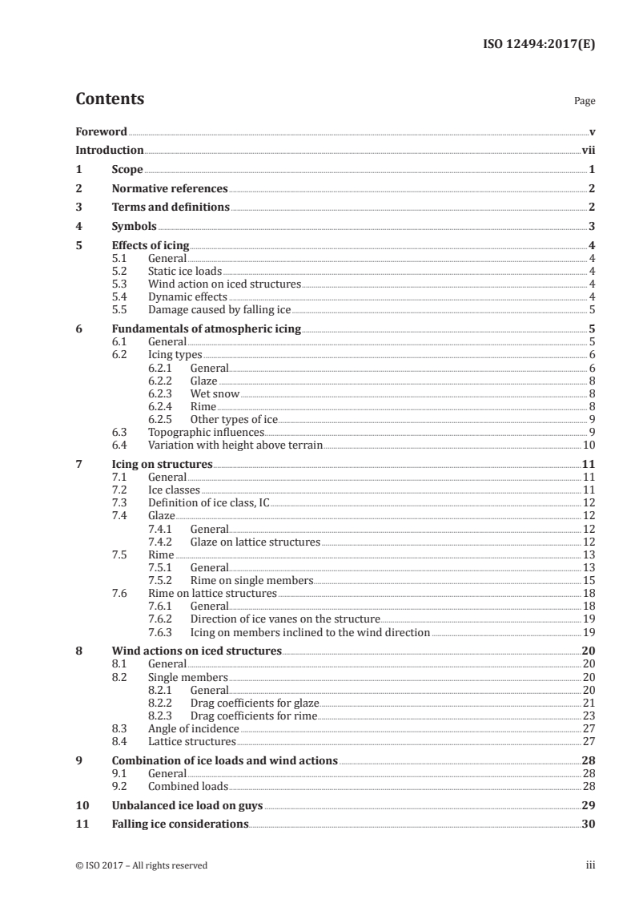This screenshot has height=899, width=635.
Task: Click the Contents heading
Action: (x=110, y=99)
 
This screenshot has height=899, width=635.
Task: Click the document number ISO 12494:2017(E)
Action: (x=538, y=45)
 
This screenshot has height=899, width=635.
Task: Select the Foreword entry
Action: (x=101, y=131)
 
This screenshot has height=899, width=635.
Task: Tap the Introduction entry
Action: (x=109, y=150)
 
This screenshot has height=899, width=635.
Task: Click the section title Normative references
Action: (x=170, y=189)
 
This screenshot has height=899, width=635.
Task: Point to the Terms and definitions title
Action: (x=171, y=208)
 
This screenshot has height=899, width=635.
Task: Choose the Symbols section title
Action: (x=134, y=226)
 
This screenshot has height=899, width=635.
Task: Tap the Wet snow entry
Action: (x=215, y=393)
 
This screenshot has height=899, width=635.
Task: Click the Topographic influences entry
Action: (x=206, y=432)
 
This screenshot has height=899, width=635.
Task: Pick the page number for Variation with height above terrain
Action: (x=589, y=445)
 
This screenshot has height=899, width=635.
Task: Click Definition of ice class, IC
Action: (x=210, y=502)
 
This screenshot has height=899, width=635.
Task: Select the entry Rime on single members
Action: (x=251, y=580)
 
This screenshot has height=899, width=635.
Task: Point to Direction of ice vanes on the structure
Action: (x=284, y=619)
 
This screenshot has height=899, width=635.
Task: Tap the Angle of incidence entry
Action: (x=193, y=728)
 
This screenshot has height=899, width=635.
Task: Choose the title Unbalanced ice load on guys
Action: (x=187, y=805)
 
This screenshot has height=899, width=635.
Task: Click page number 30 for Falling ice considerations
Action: (x=589, y=824)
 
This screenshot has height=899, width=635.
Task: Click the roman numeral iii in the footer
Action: (x=590, y=865)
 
